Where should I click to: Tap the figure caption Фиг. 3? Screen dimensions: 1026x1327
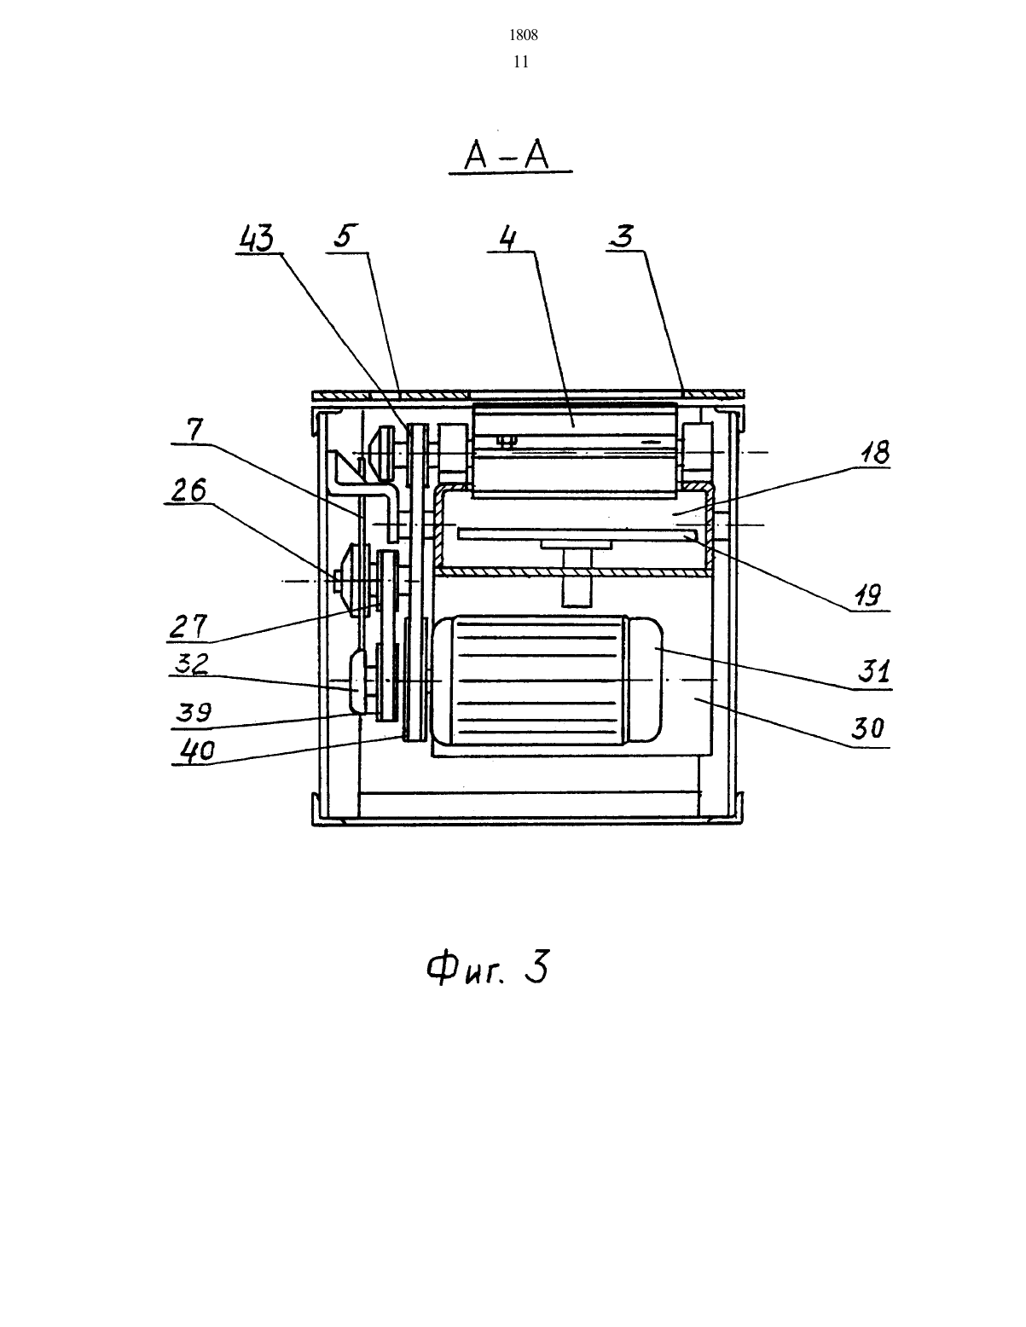[x=487, y=967]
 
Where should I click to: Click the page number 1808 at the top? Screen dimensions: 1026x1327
[x=524, y=36]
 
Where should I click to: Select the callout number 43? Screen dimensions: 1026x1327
[x=257, y=238]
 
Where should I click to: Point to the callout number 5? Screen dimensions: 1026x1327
[x=345, y=236]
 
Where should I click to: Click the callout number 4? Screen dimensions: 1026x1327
[x=507, y=238]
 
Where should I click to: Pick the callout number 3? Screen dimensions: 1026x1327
[x=623, y=236]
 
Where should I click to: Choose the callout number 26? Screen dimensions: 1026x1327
[x=188, y=490]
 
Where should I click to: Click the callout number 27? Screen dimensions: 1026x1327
[x=188, y=627]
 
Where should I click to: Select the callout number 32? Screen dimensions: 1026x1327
[x=191, y=663]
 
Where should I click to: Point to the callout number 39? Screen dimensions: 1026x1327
[x=194, y=713]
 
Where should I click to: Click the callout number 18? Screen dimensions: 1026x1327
[x=874, y=453]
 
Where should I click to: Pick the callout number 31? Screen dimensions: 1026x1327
[x=874, y=671]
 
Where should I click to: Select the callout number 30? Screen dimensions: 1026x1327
[x=868, y=728]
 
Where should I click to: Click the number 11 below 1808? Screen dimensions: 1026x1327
[x=521, y=62]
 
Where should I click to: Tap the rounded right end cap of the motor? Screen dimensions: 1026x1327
[x=646, y=680]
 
